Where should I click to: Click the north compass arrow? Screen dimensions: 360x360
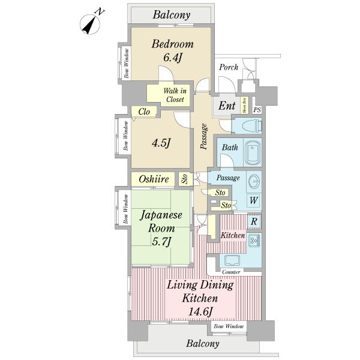[x=91, y=23]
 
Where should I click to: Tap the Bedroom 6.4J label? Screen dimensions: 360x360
[x=172, y=50]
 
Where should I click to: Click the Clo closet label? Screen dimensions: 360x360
[x=144, y=112]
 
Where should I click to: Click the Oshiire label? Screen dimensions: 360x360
[x=153, y=179]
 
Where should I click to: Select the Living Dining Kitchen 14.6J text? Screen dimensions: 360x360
[x=200, y=298]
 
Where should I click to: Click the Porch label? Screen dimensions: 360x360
[x=228, y=67]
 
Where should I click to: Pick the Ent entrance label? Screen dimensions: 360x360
[x=226, y=106]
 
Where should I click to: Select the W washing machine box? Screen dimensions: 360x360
[x=254, y=200]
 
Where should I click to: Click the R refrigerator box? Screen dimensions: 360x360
[x=254, y=221]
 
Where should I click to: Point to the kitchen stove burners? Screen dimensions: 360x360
[x=254, y=240]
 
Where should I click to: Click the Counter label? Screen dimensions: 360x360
[x=231, y=272]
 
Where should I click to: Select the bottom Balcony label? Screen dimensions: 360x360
[x=202, y=344]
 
